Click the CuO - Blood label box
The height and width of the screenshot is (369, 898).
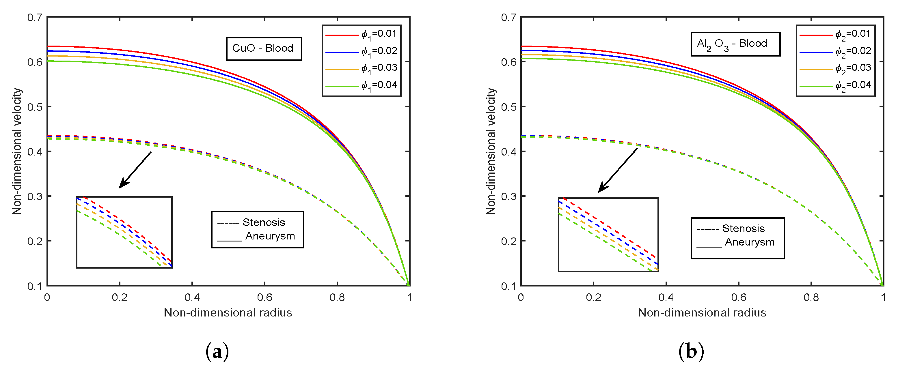[264, 48]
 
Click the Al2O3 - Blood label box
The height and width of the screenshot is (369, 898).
[735, 44]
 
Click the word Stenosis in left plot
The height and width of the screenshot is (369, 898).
[264, 222]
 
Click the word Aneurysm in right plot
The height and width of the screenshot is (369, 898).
[750, 242]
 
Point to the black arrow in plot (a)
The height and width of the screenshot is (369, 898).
[135, 170]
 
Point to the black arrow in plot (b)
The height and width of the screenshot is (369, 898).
[617, 171]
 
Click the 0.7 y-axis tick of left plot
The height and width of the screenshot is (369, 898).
[35, 17]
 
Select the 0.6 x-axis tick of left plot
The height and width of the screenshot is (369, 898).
[264, 297]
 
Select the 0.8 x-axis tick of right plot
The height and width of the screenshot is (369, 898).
[811, 297]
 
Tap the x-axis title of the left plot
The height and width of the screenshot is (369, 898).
[228, 312]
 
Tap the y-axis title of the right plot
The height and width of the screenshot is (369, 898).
[491, 151]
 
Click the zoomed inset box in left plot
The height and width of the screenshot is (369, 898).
[124, 233]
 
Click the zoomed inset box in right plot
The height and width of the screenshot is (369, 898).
[608, 235]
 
